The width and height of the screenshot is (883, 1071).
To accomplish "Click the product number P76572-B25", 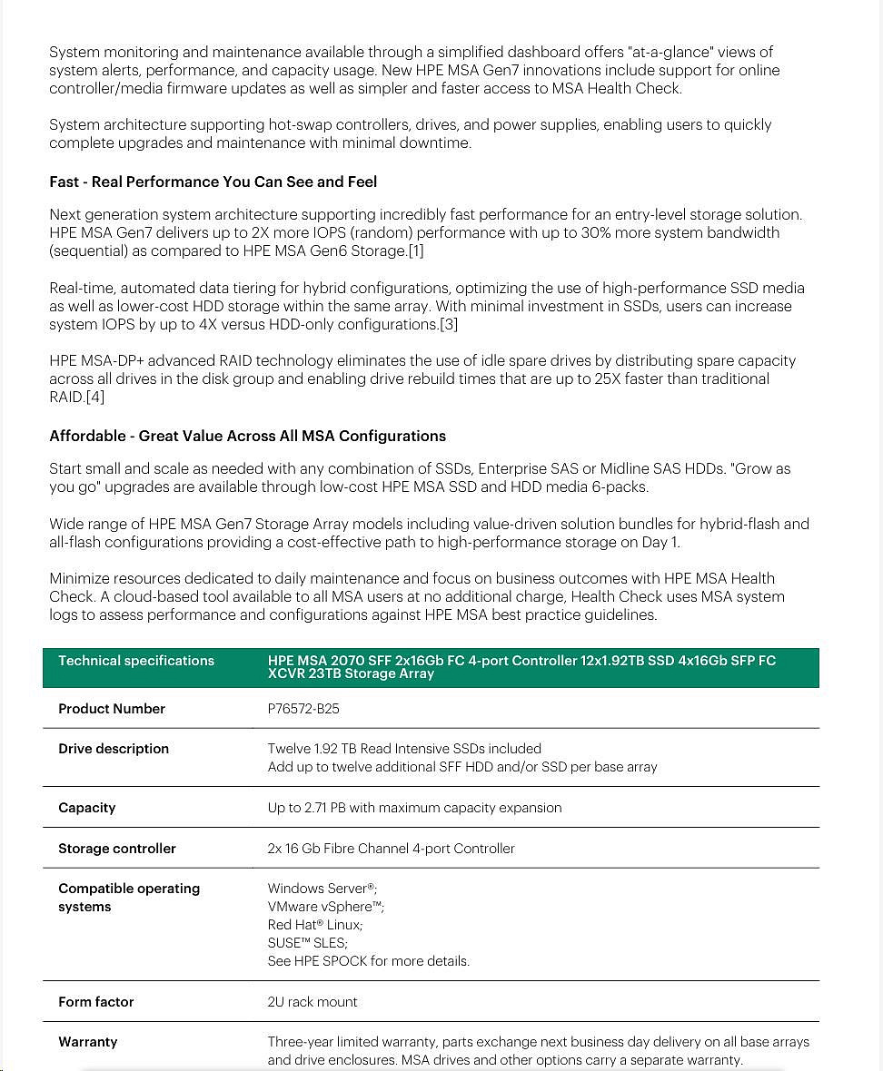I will [x=303, y=709].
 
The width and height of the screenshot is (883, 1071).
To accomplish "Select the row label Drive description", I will [x=114, y=749].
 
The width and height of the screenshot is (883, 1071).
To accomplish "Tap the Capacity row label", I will [x=87, y=808].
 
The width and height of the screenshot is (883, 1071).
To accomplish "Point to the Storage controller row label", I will [x=117, y=849].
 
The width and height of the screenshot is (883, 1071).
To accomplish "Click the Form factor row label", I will [x=96, y=1002].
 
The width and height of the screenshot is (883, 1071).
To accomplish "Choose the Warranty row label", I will [x=88, y=1042].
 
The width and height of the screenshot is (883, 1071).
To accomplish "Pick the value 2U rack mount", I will [x=313, y=1002].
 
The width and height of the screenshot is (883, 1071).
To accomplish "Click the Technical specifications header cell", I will [x=136, y=661].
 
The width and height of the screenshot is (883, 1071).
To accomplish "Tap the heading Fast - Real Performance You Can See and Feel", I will [x=213, y=182].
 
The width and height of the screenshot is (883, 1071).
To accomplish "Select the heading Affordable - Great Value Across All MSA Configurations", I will [x=248, y=436].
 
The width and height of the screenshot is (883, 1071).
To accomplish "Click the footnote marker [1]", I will [x=415, y=251].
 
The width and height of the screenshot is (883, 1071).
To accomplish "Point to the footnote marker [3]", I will [x=449, y=324].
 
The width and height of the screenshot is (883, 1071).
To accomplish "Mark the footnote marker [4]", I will [x=95, y=397].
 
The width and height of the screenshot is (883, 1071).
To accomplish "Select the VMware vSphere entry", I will [x=326, y=907].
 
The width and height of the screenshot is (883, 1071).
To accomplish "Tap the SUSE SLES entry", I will [x=308, y=943].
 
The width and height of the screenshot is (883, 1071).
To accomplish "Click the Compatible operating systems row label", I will [x=129, y=898].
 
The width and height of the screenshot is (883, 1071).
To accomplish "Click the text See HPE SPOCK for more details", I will [x=369, y=961].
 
